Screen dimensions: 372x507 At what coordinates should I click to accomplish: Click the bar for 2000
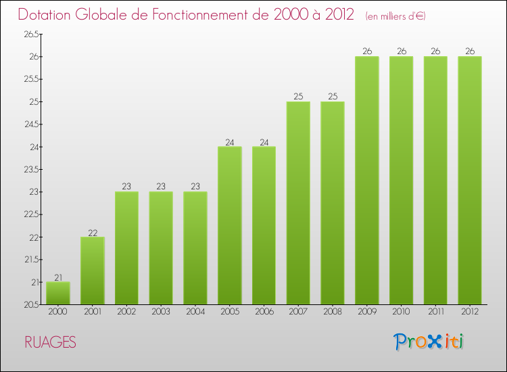pos(58,293)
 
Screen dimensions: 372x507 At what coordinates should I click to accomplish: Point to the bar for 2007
pos(298,203)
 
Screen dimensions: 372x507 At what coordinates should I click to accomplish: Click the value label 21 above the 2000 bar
pos(58,277)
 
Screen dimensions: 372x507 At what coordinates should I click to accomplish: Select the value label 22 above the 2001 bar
pos(93,232)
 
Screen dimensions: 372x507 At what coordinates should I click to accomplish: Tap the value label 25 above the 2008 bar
pos(333,97)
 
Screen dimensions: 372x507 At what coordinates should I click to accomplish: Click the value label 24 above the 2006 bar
pos(264,142)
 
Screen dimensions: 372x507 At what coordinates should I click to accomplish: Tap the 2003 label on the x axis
pos(161,312)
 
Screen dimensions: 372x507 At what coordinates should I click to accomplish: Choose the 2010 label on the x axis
pos(402,312)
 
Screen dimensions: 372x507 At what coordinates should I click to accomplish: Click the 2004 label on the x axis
pos(195,312)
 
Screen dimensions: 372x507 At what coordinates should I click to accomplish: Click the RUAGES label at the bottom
pos(50,342)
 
